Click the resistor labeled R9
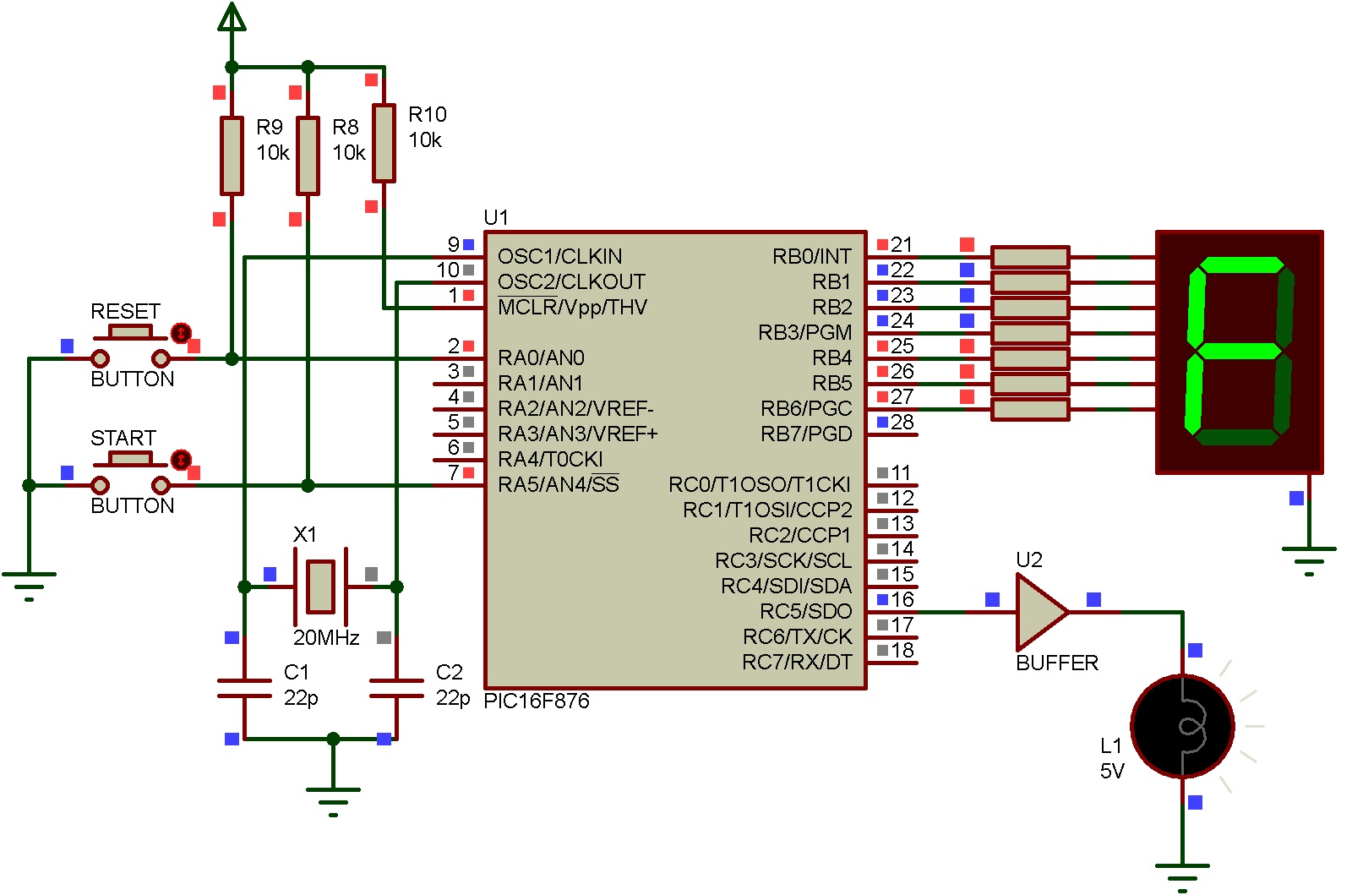[232, 156]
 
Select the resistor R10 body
[384, 143]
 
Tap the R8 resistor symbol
[308, 156]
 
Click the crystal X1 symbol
[320, 586]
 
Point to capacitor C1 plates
[244, 688]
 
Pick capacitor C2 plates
[396, 688]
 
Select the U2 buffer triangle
[1039, 611]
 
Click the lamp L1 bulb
[1182, 725]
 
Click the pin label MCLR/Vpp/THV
[572, 307]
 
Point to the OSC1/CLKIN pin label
[559, 256]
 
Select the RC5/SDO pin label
[805, 611]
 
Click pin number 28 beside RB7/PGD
[902, 422]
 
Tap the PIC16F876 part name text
[536, 701]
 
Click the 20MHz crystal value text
[326, 637]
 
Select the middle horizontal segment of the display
[1240, 349]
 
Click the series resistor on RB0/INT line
[1029, 256]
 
